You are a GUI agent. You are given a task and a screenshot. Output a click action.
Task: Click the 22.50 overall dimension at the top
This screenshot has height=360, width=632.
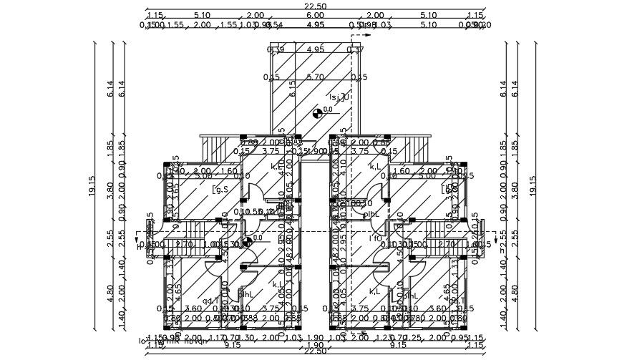tap(315, 6)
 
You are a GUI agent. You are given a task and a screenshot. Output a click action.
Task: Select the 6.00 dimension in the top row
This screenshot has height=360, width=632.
tap(315, 15)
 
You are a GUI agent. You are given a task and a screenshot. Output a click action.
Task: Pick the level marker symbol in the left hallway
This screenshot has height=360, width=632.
tap(248, 242)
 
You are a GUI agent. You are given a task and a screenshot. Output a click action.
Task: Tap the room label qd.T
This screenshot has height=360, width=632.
tap(211, 301)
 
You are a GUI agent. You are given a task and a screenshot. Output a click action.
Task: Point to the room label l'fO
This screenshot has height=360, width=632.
tap(375, 238)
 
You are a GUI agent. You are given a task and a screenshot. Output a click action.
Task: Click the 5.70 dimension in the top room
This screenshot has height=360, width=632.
tap(315, 77)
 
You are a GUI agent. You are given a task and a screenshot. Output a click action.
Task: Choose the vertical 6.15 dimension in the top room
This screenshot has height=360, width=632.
tap(292, 88)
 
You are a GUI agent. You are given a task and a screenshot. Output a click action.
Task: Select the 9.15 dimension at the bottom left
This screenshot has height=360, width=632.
tap(232, 345)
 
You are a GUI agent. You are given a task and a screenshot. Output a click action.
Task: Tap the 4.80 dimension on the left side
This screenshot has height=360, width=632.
tap(110, 293)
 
